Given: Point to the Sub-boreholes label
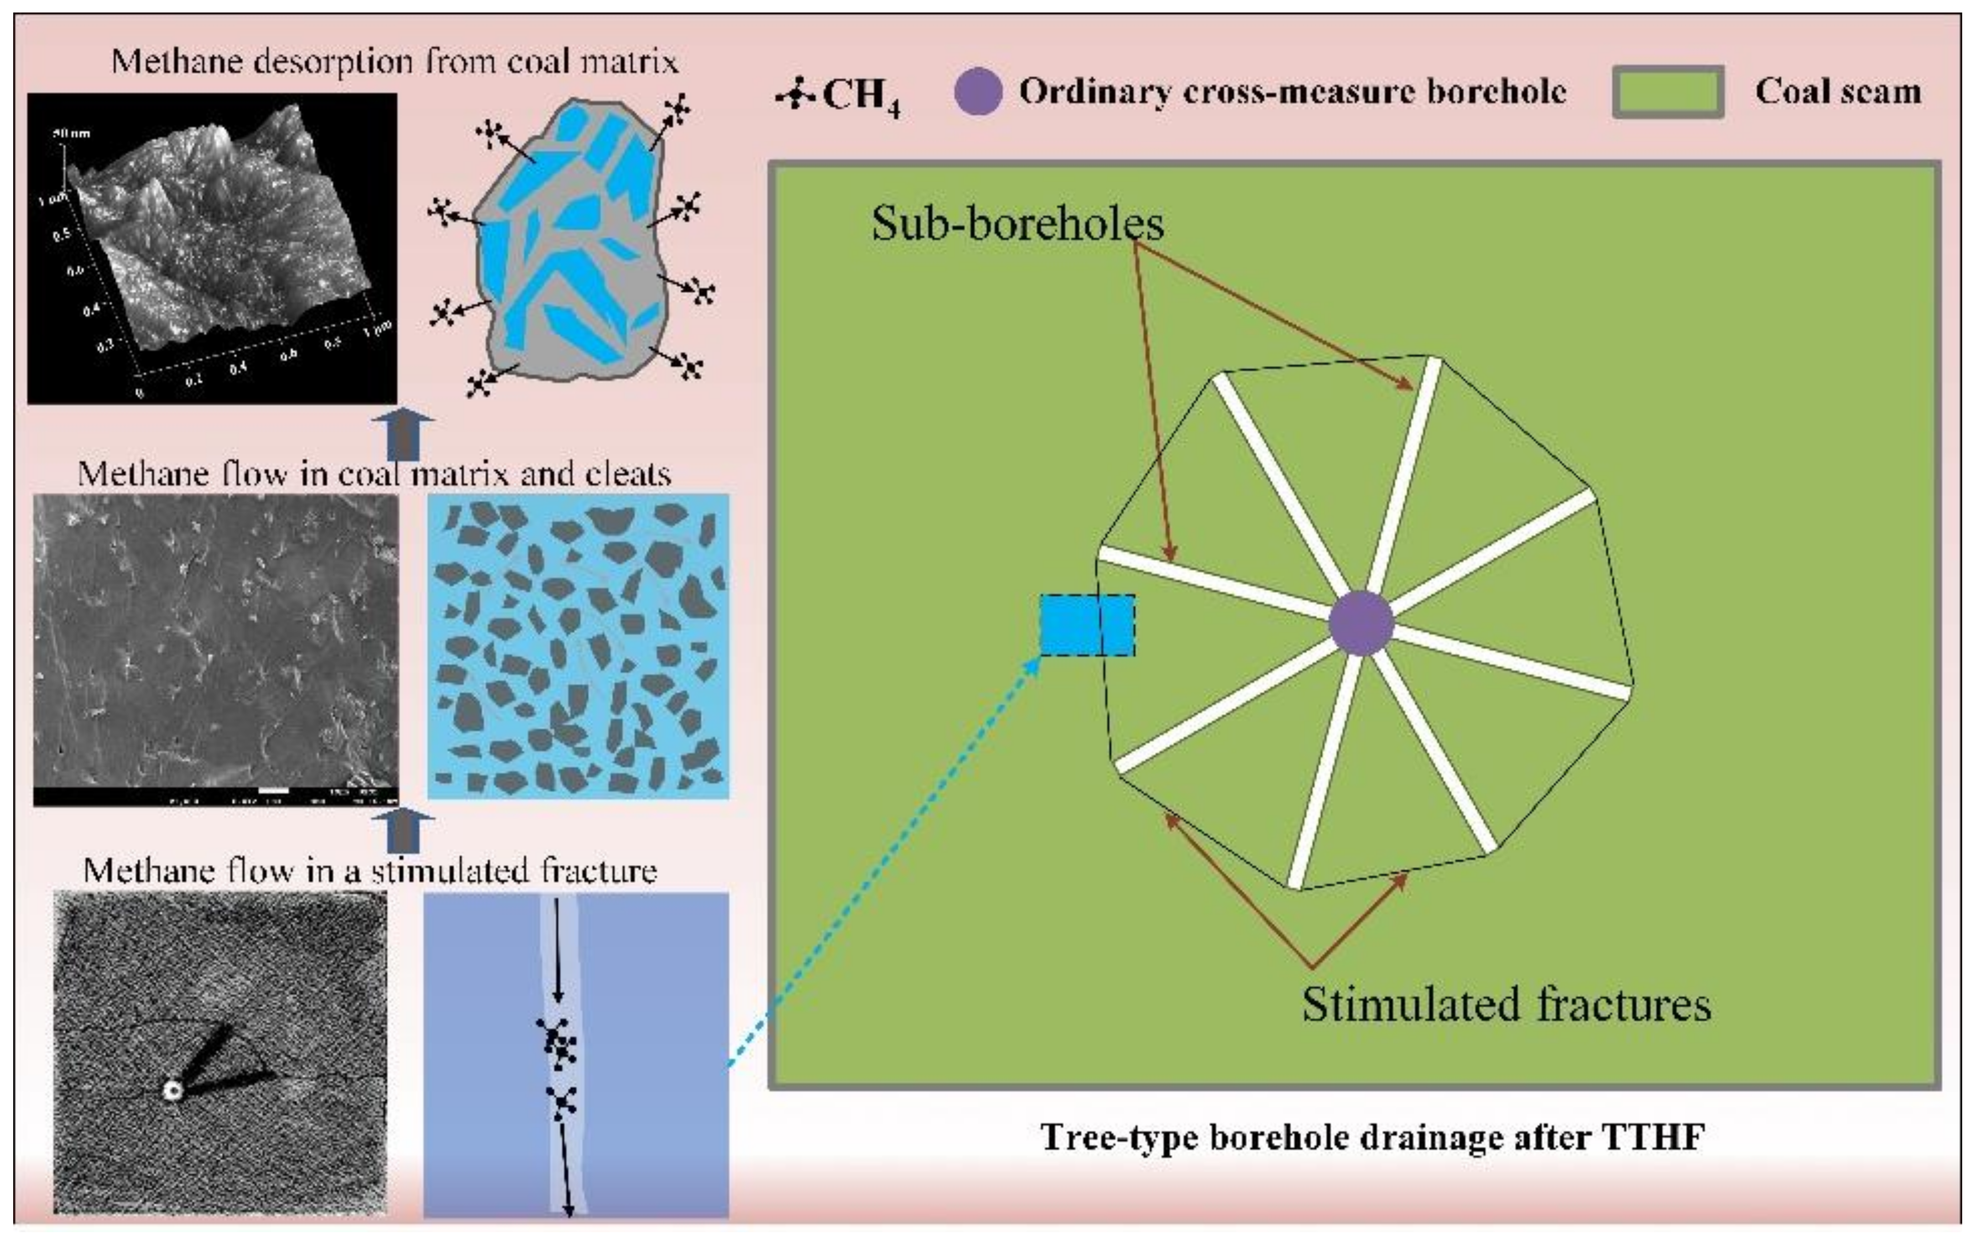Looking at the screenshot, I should click(1017, 223).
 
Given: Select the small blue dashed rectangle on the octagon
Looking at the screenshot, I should click(1087, 625).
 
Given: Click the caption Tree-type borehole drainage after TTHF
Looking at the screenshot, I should click(1372, 1137).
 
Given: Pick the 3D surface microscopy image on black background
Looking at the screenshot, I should click(212, 248).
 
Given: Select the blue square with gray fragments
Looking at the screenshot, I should click(578, 646).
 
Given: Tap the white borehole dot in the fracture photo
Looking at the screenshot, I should click(172, 1089).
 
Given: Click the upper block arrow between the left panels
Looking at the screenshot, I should click(402, 436).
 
